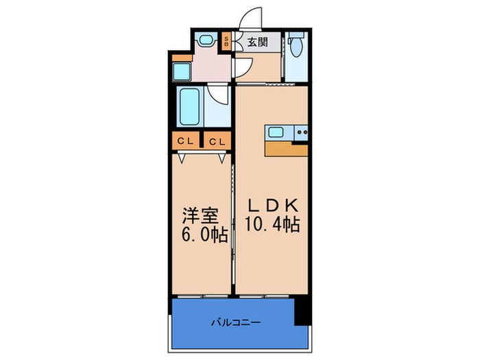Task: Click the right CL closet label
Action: click(217, 142)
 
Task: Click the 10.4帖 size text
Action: click(272, 225)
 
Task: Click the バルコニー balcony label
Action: click(235, 321)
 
